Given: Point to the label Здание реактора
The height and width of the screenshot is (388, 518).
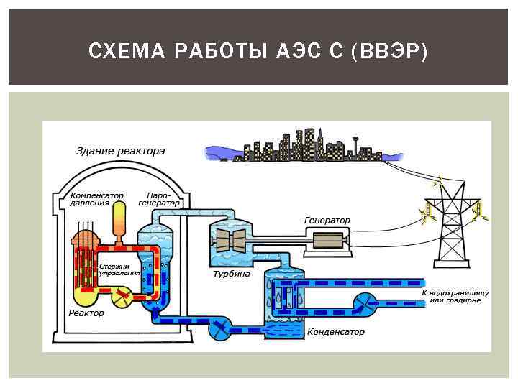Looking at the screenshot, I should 121,152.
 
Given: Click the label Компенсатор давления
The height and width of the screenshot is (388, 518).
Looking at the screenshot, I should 96,199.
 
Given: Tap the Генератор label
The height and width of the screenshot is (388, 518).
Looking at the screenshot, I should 327,221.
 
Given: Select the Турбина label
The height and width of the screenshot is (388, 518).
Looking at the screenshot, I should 232,274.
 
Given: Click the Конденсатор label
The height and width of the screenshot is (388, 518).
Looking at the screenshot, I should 336,332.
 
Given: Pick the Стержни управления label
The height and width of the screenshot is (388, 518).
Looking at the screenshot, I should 114,269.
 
